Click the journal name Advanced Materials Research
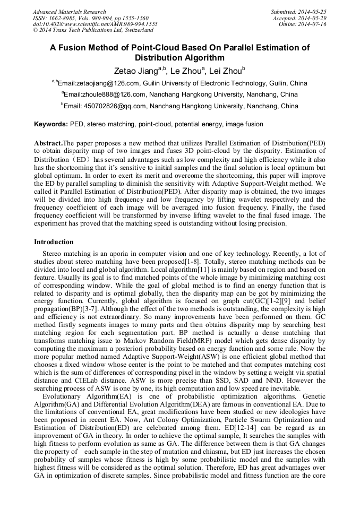[x=69, y=12]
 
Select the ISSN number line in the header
[x=91, y=18]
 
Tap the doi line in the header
[x=95, y=24]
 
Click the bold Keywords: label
[x=51, y=124]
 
